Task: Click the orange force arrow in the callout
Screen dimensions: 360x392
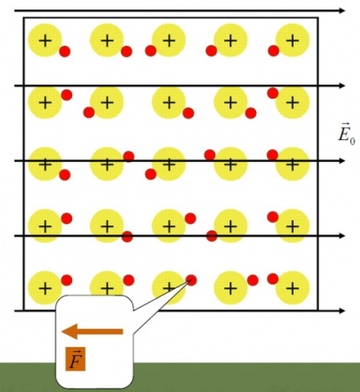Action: point(92,331)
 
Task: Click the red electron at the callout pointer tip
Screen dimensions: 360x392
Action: point(191,280)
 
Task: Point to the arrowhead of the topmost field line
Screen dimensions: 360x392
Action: point(342,10)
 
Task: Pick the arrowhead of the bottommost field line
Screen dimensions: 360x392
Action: point(342,310)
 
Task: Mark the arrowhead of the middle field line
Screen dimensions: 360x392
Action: point(342,161)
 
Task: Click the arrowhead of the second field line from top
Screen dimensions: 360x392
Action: point(342,86)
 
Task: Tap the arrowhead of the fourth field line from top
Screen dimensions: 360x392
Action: point(342,236)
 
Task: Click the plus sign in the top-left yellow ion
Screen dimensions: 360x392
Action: point(46,41)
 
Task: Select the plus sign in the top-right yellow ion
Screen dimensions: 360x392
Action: point(293,41)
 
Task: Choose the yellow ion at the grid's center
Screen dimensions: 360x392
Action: point(169,164)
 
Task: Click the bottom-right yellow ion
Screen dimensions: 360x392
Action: point(293,288)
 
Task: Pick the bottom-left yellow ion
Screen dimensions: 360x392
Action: point(46,288)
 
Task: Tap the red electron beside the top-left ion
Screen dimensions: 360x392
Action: point(65,51)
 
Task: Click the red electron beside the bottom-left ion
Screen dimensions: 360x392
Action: point(66,280)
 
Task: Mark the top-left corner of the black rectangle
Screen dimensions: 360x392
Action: point(24,18)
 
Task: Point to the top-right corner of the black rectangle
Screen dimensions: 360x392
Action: point(318,18)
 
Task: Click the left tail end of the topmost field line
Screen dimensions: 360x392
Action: point(14,10)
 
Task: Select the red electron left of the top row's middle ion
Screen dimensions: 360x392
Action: point(150,50)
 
